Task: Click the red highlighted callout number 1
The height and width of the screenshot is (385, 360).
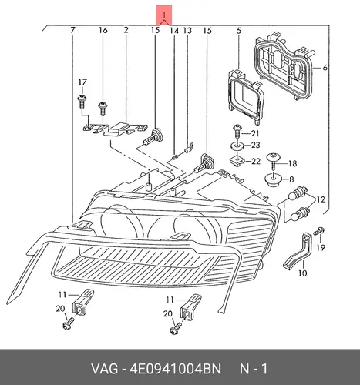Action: (x=164, y=15)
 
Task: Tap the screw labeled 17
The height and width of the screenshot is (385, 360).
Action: (x=82, y=101)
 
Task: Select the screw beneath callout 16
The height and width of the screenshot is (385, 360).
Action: (x=103, y=109)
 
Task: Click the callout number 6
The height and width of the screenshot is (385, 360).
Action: (x=325, y=68)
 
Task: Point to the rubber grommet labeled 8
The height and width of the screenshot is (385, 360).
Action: (x=273, y=181)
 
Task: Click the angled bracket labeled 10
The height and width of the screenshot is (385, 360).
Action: (x=298, y=251)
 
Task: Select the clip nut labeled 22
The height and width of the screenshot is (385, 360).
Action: (x=237, y=161)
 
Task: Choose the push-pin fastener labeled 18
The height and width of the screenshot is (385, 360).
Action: (x=274, y=161)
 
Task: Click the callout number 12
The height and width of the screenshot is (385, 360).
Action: (x=321, y=199)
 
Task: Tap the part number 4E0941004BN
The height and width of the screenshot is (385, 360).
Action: (x=176, y=369)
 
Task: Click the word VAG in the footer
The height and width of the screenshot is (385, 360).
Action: (x=105, y=369)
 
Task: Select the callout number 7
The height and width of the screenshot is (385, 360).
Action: (x=72, y=30)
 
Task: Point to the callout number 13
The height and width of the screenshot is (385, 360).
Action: (x=187, y=31)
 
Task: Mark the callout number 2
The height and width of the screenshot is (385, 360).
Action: (x=126, y=30)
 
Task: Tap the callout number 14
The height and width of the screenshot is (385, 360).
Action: (x=174, y=31)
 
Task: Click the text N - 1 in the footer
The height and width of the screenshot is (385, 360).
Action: (x=254, y=369)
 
